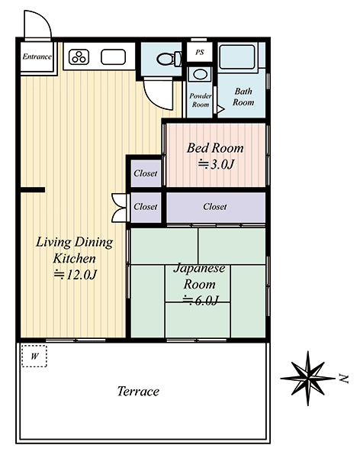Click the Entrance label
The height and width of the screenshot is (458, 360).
[x=37, y=56]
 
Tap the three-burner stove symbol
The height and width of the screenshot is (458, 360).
[x=79, y=57]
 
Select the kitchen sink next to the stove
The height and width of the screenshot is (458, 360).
[x=114, y=56]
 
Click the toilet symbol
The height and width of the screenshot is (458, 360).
[x=169, y=59]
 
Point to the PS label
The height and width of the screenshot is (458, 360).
[x=200, y=53]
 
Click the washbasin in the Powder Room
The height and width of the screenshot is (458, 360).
[x=200, y=74]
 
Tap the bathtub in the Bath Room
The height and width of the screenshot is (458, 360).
[x=237, y=56]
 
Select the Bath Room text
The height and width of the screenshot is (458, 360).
[x=243, y=97]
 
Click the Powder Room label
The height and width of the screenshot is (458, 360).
[x=201, y=100]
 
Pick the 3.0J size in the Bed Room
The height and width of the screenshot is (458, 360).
[x=216, y=164]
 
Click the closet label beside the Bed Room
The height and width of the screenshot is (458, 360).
[x=146, y=173]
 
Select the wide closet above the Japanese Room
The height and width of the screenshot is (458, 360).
[x=216, y=207]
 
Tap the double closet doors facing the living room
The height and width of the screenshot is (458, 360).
[x=120, y=208]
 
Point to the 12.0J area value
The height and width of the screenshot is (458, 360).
[x=75, y=275]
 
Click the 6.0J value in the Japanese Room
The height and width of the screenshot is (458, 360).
[x=201, y=300]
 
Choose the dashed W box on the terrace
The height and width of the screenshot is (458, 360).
[x=34, y=356]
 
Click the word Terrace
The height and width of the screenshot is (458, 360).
[x=138, y=392]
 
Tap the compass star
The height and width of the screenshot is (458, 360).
[x=307, y=379]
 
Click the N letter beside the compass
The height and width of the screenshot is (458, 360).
[x=344, y=379]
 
